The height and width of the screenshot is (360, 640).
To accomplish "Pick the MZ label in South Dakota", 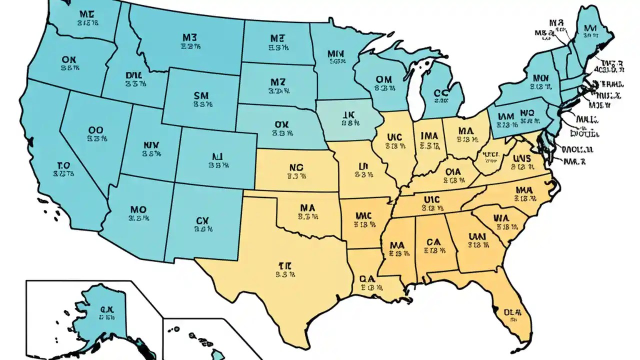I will [277, 82].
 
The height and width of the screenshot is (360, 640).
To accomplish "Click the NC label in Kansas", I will [296, 168].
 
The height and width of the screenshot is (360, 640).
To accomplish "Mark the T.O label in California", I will [63, 165].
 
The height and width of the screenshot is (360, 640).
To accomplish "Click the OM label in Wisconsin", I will [383, 79].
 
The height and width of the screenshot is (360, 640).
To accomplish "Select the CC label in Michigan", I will [440, 92].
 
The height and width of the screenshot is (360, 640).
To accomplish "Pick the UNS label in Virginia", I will [523, 158].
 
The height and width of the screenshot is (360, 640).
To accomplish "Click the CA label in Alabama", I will [433, 242].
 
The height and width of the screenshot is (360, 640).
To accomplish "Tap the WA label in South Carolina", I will [500, 218].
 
